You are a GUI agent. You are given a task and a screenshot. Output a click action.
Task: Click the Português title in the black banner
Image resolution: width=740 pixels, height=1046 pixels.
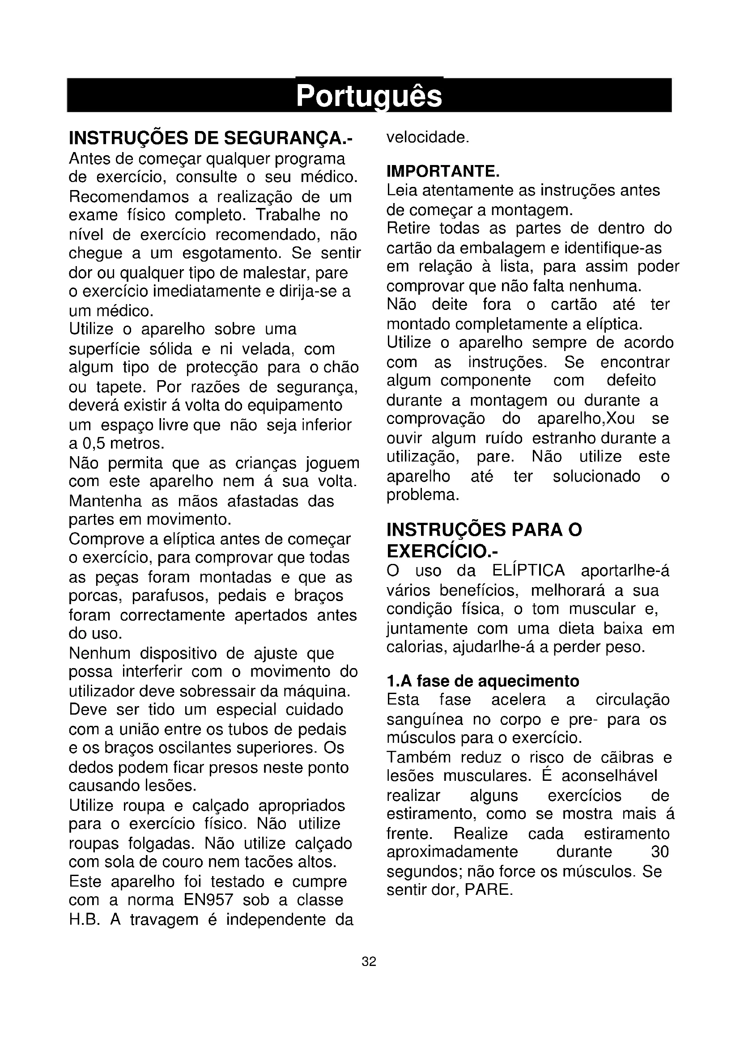(369, 96)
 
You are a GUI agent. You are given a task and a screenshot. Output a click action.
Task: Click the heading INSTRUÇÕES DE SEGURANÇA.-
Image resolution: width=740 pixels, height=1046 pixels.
(211, 138)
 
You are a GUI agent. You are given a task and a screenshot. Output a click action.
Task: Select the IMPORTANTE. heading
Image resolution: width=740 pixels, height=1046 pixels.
(443, 171)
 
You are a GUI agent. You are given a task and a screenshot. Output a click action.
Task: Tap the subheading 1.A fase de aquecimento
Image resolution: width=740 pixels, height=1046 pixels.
(483, 681)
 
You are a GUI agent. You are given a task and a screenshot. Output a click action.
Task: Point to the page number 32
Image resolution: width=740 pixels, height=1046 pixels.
(369, 962)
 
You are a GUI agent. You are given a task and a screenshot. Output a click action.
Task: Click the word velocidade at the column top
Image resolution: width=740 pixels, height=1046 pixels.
(427, 137)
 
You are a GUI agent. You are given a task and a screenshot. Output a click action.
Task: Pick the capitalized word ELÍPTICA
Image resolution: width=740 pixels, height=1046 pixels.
(528, 570)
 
